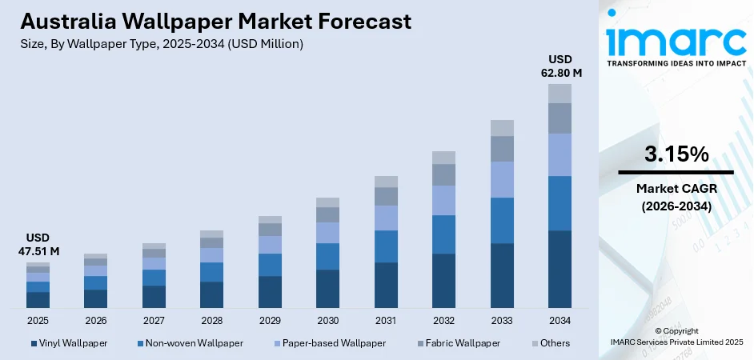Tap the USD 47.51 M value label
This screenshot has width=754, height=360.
click(38, 245)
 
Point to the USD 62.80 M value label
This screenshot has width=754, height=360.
click(559, 66)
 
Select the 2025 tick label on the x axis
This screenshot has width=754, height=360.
click(38, 320)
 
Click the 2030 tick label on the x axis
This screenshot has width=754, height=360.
click(327, 320)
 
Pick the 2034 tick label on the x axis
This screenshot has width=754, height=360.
click(559, 320)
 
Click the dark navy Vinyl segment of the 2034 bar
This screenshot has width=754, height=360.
click(559, 269)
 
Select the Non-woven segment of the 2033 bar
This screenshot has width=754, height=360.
click(502, 220)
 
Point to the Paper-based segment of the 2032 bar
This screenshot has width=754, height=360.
click(443, 200)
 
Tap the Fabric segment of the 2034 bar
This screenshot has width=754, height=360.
click(559, 118)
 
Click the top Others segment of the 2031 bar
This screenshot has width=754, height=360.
click(386, 182)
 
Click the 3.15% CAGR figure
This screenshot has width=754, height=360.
click(676, 154)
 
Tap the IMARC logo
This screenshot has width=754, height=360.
click(676, 40)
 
